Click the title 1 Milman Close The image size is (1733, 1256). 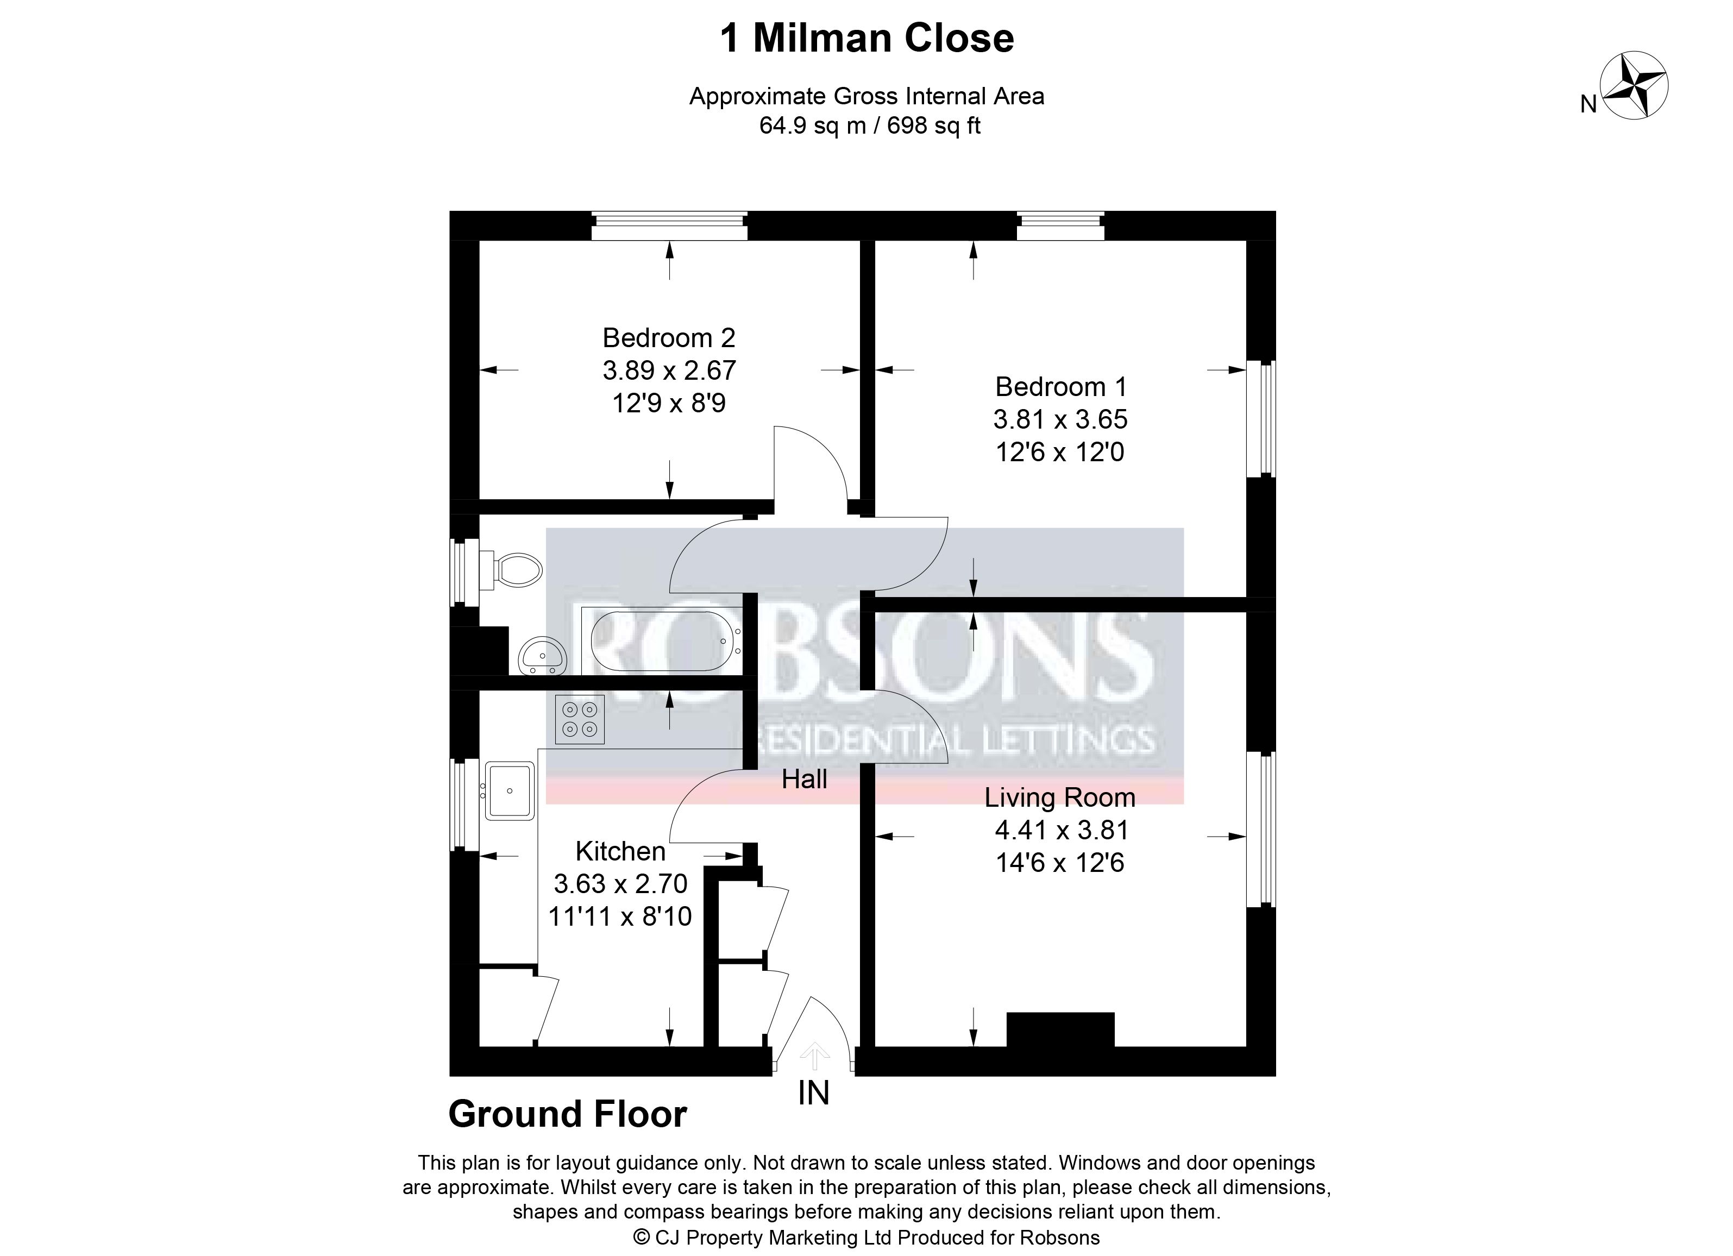click(866, 38)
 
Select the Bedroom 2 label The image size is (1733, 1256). click(669, 338)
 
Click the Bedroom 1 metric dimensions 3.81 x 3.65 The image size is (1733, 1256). click(1060, 419)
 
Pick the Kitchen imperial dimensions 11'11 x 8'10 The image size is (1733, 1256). click(620, 916)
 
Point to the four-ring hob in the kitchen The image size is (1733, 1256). click(580, 720)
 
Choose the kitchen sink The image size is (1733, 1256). click(510, 790)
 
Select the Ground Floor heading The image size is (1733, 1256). click(568, 1115)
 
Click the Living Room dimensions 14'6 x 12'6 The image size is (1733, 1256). click(1060, 863)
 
